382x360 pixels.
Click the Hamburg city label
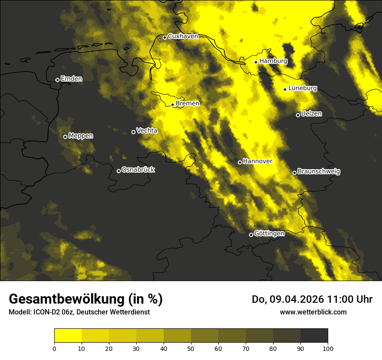pos(273,61)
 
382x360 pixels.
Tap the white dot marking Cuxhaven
pos(165,37)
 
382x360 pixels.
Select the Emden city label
pos(71,79)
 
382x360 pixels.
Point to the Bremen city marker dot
pos(172,105)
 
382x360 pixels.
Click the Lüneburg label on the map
pos(302,88)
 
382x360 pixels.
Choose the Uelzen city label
pos(311,114)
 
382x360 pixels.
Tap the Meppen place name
pos(81,136)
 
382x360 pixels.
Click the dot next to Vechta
pos(133,132)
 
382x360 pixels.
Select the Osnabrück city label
pos(138,170)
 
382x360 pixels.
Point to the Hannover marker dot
pos(240,162)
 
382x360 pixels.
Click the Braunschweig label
pos(319,172)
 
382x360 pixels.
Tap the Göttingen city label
pos(269,234)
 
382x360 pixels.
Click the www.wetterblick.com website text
pos(313,312)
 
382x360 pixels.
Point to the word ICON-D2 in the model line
pos(46,312)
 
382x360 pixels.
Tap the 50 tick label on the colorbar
pos(191,348)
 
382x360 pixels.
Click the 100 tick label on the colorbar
pos(328,348)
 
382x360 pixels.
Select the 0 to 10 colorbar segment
pos(68,336)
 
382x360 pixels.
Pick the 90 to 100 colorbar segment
pos(314,336)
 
